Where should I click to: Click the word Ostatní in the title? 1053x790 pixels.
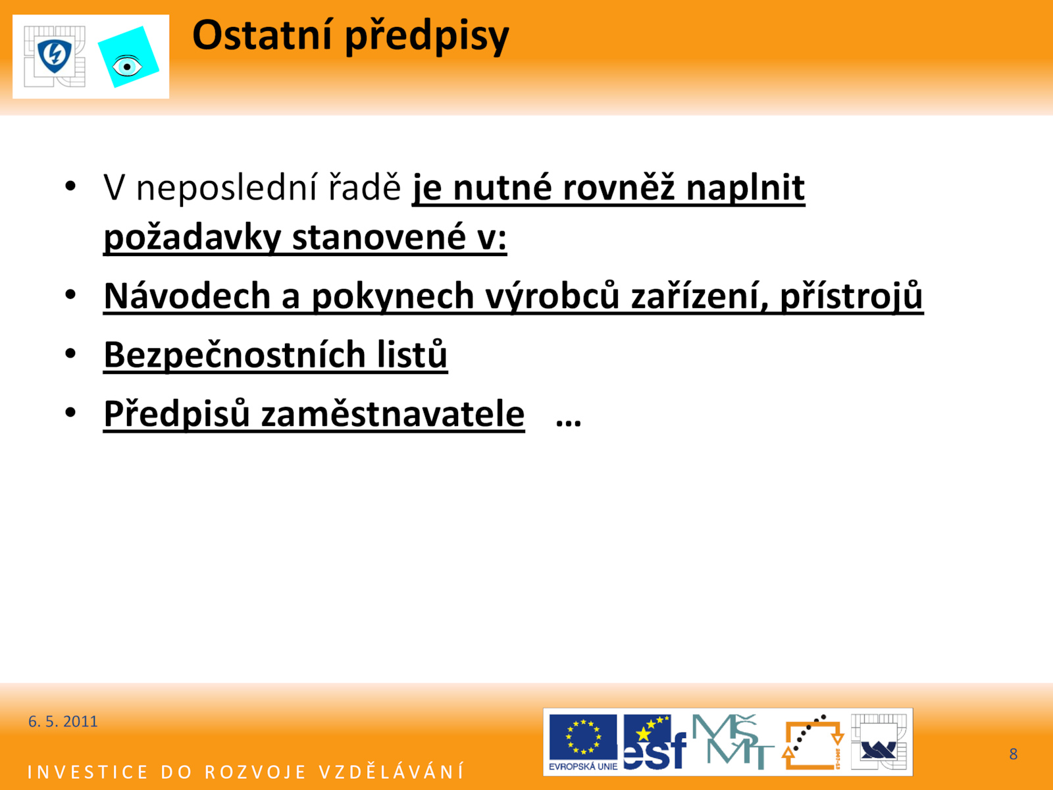tap(262, 35)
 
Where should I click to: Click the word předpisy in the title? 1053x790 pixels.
tap(427, 38)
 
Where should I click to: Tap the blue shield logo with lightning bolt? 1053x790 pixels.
tap(55, 56)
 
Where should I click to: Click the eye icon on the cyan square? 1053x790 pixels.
tap(127, 66)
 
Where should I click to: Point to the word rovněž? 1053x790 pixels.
tap(619, 187)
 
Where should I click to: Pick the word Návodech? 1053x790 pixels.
tap(188, 296)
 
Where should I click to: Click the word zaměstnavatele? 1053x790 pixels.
tap(393, 413)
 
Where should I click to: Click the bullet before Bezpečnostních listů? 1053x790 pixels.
tap(70, 354)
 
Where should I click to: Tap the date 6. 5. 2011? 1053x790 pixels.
tap(63, 722)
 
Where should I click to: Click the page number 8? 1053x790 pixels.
tap(1013, 754)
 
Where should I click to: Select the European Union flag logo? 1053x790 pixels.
tap(583, 741)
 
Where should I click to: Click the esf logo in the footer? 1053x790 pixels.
tap(655, 741)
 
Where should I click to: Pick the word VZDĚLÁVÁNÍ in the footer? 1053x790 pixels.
tap(392, 772)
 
